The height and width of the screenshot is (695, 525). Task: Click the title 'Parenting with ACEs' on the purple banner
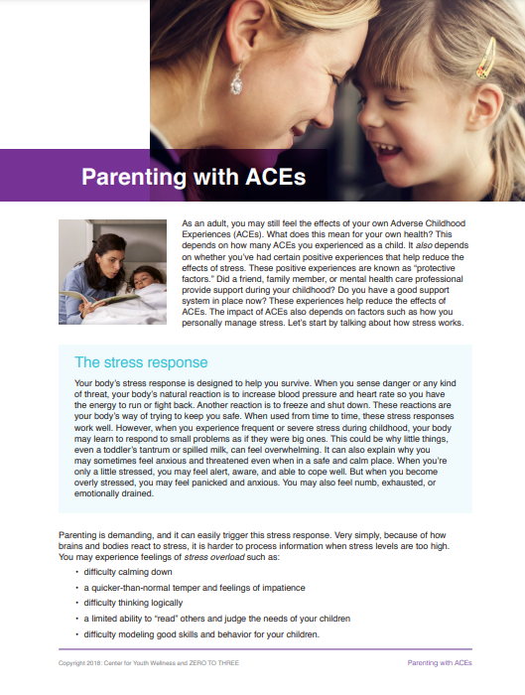pyautogui.click(x=193, y=178)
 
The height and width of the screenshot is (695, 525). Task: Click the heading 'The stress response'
pyautogui.click(x=141, y=362)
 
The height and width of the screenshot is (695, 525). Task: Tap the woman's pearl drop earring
pyautogui.click(x=237, y=78)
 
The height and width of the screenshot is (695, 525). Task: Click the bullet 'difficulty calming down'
pyautogui.click(x=129, y=574)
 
